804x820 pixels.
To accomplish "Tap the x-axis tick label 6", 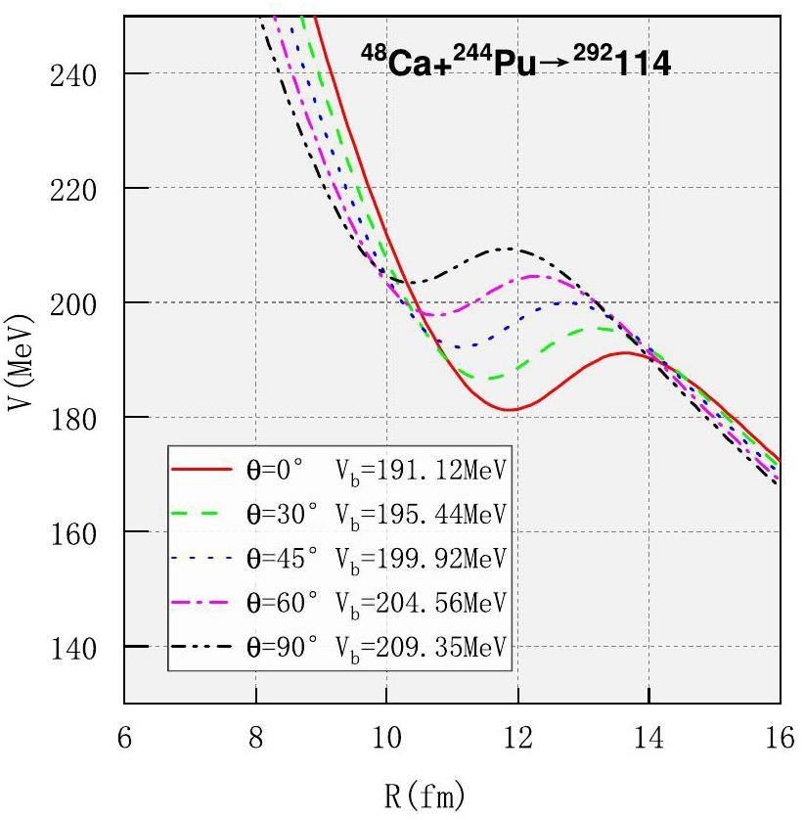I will pyautogui.click(x=124, y=739).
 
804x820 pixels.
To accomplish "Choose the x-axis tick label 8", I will pyautogui.click(x=255, y=739).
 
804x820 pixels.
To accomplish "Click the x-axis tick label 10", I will pyautogui.click(x=386, y=739).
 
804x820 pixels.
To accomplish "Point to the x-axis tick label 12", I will pyautogui.click(x=517, y=739).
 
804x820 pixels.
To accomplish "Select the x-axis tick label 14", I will pyautogui.click(x=648, y=739).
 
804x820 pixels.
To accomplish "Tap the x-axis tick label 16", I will pyautogui.click(x=780, y=739).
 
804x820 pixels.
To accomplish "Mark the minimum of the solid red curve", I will pyautogui.click(x=507, y=409).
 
